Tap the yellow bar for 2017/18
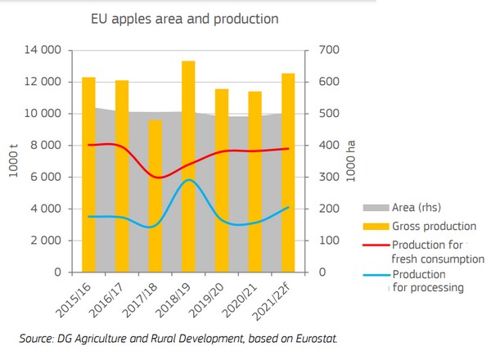click(x=155, y=196)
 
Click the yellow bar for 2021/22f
click(x=288, y=172)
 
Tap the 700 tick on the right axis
click(x=327, y=50)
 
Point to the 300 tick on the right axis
click(x=327, y=178)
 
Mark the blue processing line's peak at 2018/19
click(x=188, y=180)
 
